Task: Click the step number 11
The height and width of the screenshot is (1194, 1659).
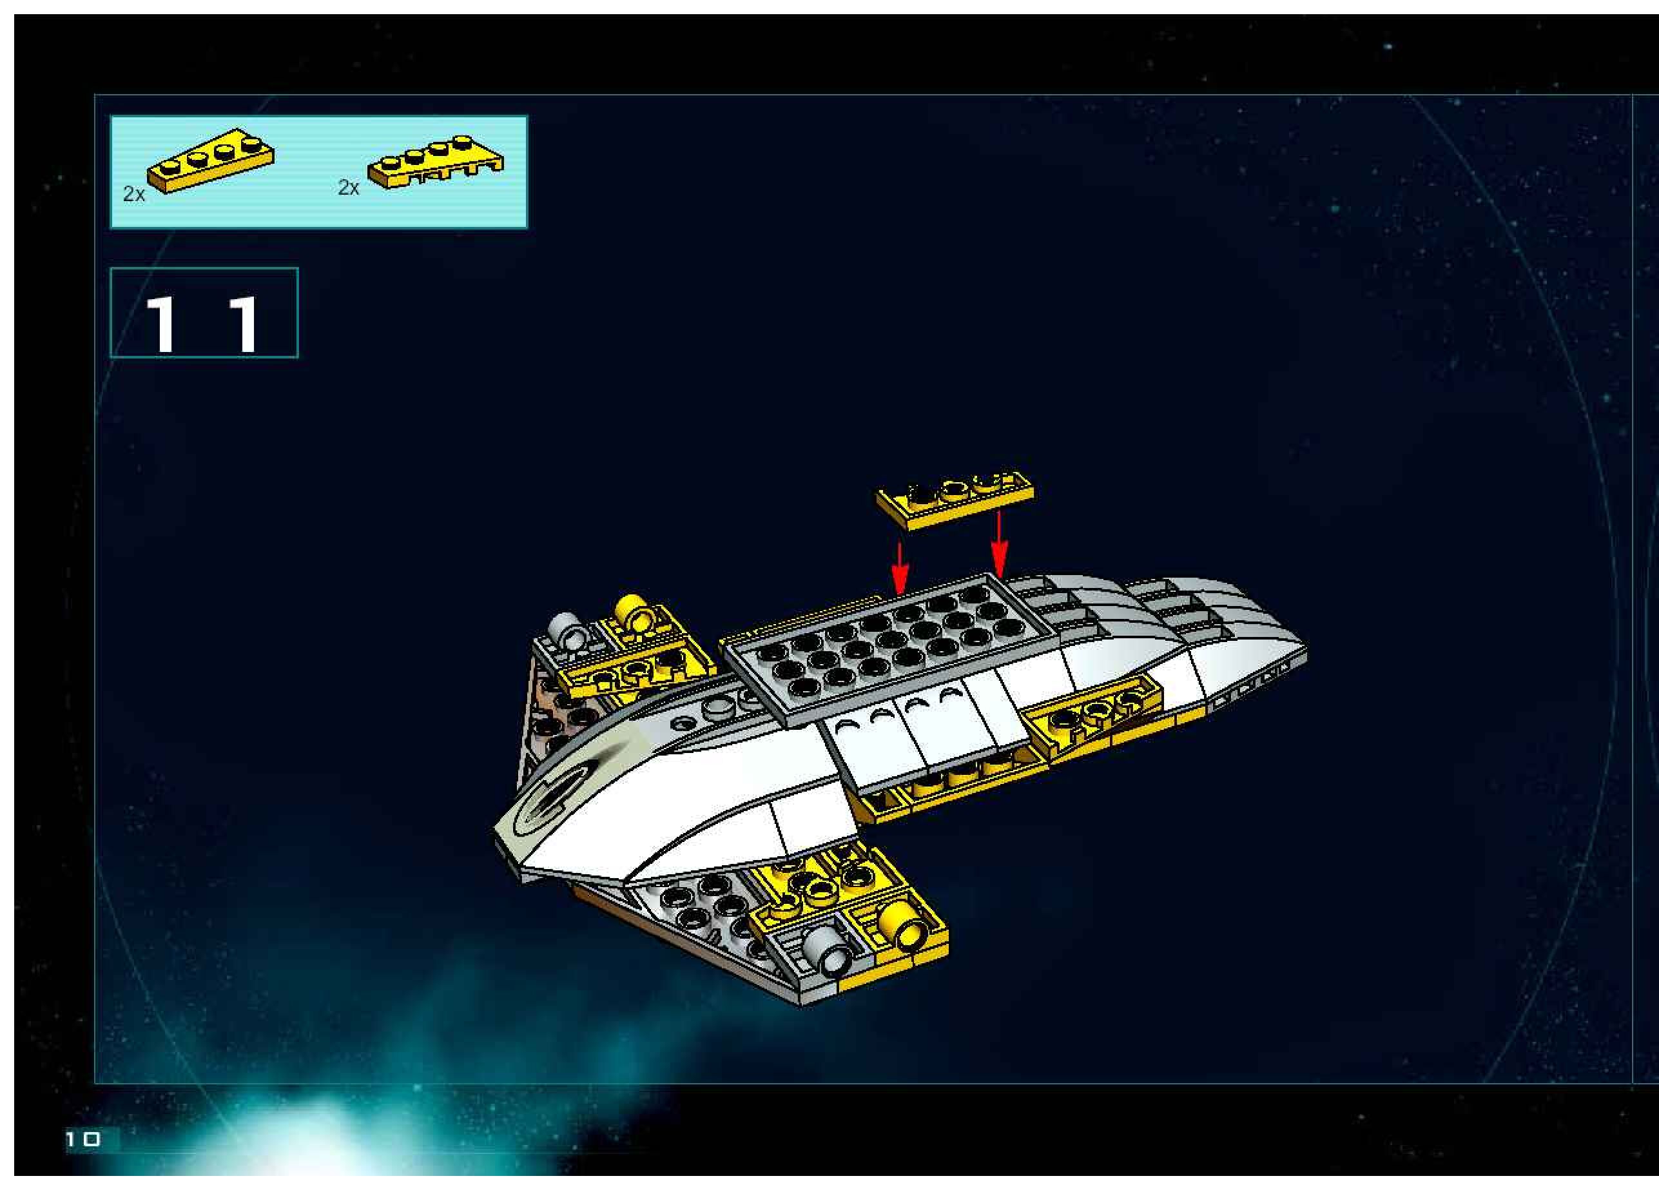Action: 204,322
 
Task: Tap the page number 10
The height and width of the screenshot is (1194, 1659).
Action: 82,1139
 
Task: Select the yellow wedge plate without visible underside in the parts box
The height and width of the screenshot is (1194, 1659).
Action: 211,161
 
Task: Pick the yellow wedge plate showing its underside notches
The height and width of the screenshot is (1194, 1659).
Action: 436,162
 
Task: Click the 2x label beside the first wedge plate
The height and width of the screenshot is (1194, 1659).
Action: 134,194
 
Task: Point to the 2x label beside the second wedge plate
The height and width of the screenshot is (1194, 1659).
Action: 348,188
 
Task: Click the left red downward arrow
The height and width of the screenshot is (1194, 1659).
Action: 900,567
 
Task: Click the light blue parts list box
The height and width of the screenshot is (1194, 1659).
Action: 318,172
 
